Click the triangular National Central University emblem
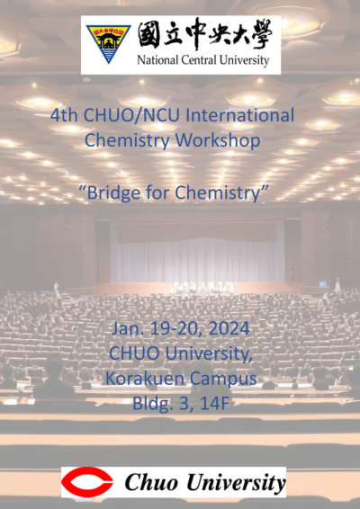(x=109, y=42)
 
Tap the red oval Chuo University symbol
(x=86, y=482)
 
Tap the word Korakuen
(x=145, y=379)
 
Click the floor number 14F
(x=215, y=404)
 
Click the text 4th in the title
(x=64, y=115)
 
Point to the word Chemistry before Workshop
(x=127, y=140)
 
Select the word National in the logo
(x=157, y=60)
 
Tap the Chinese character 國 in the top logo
(x=149, y=35)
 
